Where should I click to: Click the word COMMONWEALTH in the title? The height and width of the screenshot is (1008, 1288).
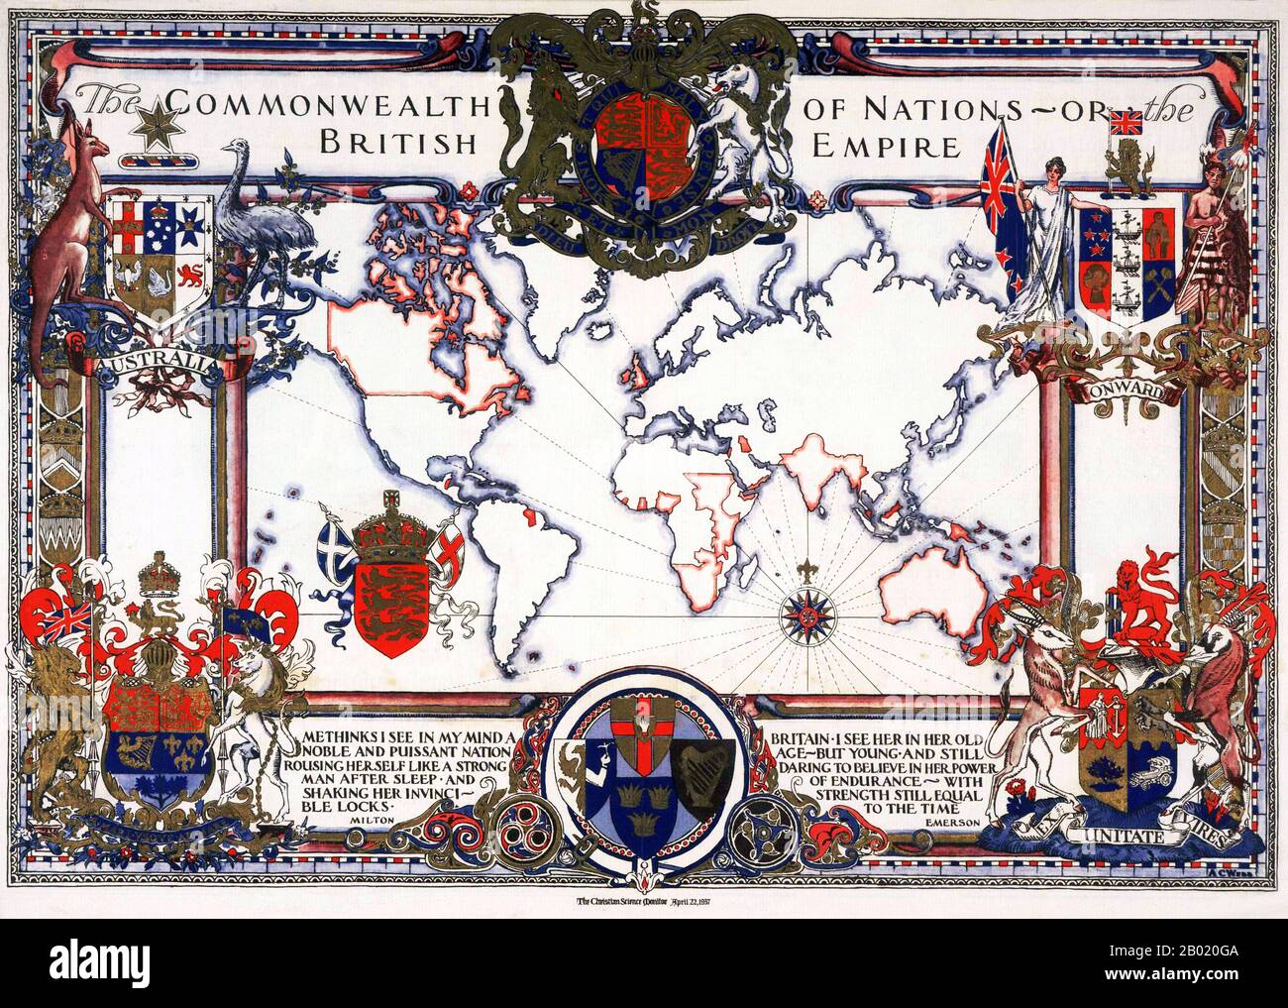(x=325, y=103)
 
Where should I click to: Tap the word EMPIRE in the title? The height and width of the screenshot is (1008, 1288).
(x=885, y=148)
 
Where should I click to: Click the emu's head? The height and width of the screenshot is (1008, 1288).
(x=235, y=150)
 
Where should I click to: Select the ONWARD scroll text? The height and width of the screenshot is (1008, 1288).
(x=1124, y=389)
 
